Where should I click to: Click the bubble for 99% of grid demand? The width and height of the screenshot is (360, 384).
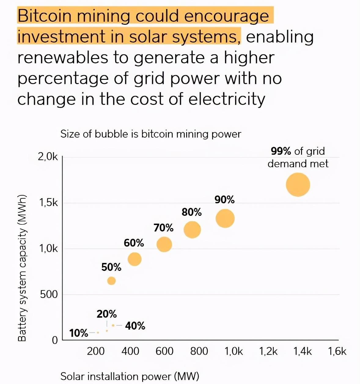298,184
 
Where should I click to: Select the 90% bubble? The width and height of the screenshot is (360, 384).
225,218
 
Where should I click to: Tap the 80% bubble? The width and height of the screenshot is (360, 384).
192,230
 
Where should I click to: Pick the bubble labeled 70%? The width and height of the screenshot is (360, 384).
164,244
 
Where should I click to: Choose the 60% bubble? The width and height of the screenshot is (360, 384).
134,259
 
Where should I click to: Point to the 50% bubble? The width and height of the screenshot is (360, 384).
112,281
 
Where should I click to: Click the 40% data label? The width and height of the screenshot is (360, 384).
135,326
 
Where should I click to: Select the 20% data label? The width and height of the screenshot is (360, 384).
107,314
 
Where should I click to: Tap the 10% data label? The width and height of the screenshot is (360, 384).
79,333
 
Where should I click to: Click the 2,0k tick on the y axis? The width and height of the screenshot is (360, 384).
48,157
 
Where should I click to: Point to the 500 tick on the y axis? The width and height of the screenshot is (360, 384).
49,294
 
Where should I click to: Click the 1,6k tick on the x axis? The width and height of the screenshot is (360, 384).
337,351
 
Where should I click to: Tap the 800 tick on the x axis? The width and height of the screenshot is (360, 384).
199,351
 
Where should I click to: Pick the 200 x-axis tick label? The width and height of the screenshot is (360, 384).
96,351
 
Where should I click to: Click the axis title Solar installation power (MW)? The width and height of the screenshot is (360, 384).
130,376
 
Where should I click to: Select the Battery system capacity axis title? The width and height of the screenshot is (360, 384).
22,268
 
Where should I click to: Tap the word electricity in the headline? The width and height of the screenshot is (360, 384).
226,99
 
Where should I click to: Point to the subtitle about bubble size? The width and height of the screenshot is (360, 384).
151,134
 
